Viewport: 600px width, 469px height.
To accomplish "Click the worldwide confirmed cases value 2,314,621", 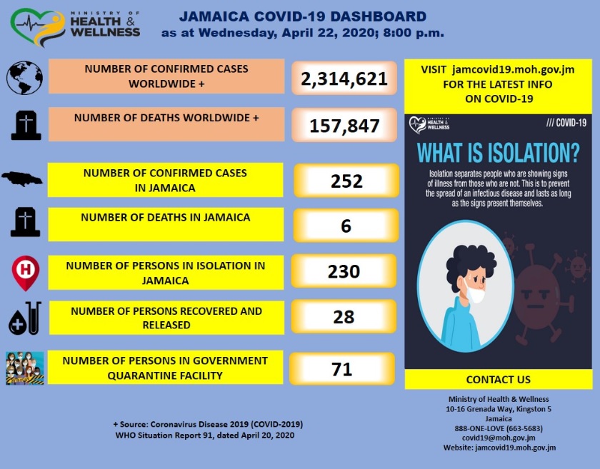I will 344,79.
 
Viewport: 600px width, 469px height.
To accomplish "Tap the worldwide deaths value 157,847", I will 344,126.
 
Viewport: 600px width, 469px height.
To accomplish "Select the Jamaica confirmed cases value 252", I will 346,181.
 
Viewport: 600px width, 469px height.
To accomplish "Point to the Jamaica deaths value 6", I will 346,226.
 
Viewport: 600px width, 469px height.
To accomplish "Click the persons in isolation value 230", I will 344,271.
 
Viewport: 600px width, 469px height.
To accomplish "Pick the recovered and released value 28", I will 344,316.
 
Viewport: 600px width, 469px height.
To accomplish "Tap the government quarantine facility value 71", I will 343,369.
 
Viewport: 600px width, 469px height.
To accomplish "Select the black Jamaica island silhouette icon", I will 24,180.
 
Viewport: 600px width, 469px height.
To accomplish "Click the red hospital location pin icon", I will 24,272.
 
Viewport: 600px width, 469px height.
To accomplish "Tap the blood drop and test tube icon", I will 24,319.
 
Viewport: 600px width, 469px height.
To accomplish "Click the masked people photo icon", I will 25,368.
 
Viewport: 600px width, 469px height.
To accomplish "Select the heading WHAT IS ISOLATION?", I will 498,153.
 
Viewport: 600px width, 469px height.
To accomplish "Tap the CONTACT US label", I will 498,379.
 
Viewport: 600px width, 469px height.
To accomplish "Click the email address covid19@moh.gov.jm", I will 499,438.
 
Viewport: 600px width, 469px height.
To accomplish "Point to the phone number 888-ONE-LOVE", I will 499,428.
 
